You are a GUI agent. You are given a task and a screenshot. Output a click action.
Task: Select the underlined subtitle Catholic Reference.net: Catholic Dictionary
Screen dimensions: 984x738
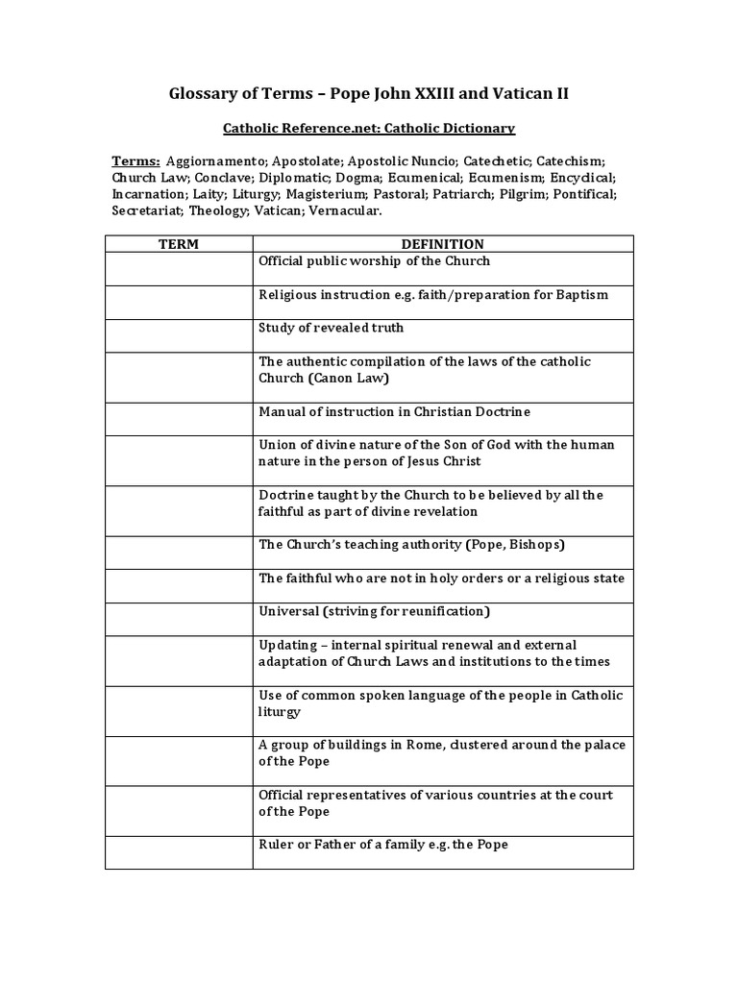(369, 127)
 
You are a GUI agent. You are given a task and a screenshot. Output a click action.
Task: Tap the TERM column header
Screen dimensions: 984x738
(179, 244)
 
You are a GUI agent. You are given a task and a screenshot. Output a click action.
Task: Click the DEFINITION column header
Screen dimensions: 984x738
(442, 244)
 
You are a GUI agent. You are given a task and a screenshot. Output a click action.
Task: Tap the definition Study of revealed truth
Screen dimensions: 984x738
(331, 328)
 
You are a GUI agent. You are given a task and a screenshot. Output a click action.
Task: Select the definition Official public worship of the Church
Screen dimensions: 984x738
(374, 261)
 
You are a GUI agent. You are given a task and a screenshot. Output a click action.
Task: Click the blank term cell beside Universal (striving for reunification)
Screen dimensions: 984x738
(179, 618)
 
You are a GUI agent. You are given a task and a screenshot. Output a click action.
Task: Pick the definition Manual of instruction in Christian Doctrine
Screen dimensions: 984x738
(394, 411)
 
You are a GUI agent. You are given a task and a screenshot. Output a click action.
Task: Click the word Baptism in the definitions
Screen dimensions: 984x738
(581, 294)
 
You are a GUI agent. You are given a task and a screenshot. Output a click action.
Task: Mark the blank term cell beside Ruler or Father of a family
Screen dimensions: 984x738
(179, 851)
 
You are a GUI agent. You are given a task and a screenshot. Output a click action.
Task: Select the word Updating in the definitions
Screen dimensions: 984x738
(286, 645)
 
